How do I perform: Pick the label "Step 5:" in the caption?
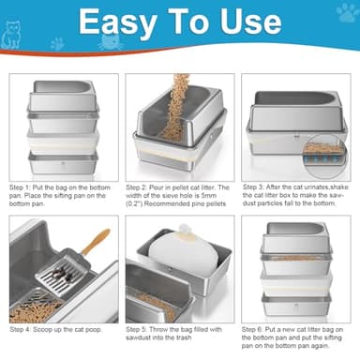click(142, 330)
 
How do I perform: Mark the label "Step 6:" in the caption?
click(259, 330)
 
